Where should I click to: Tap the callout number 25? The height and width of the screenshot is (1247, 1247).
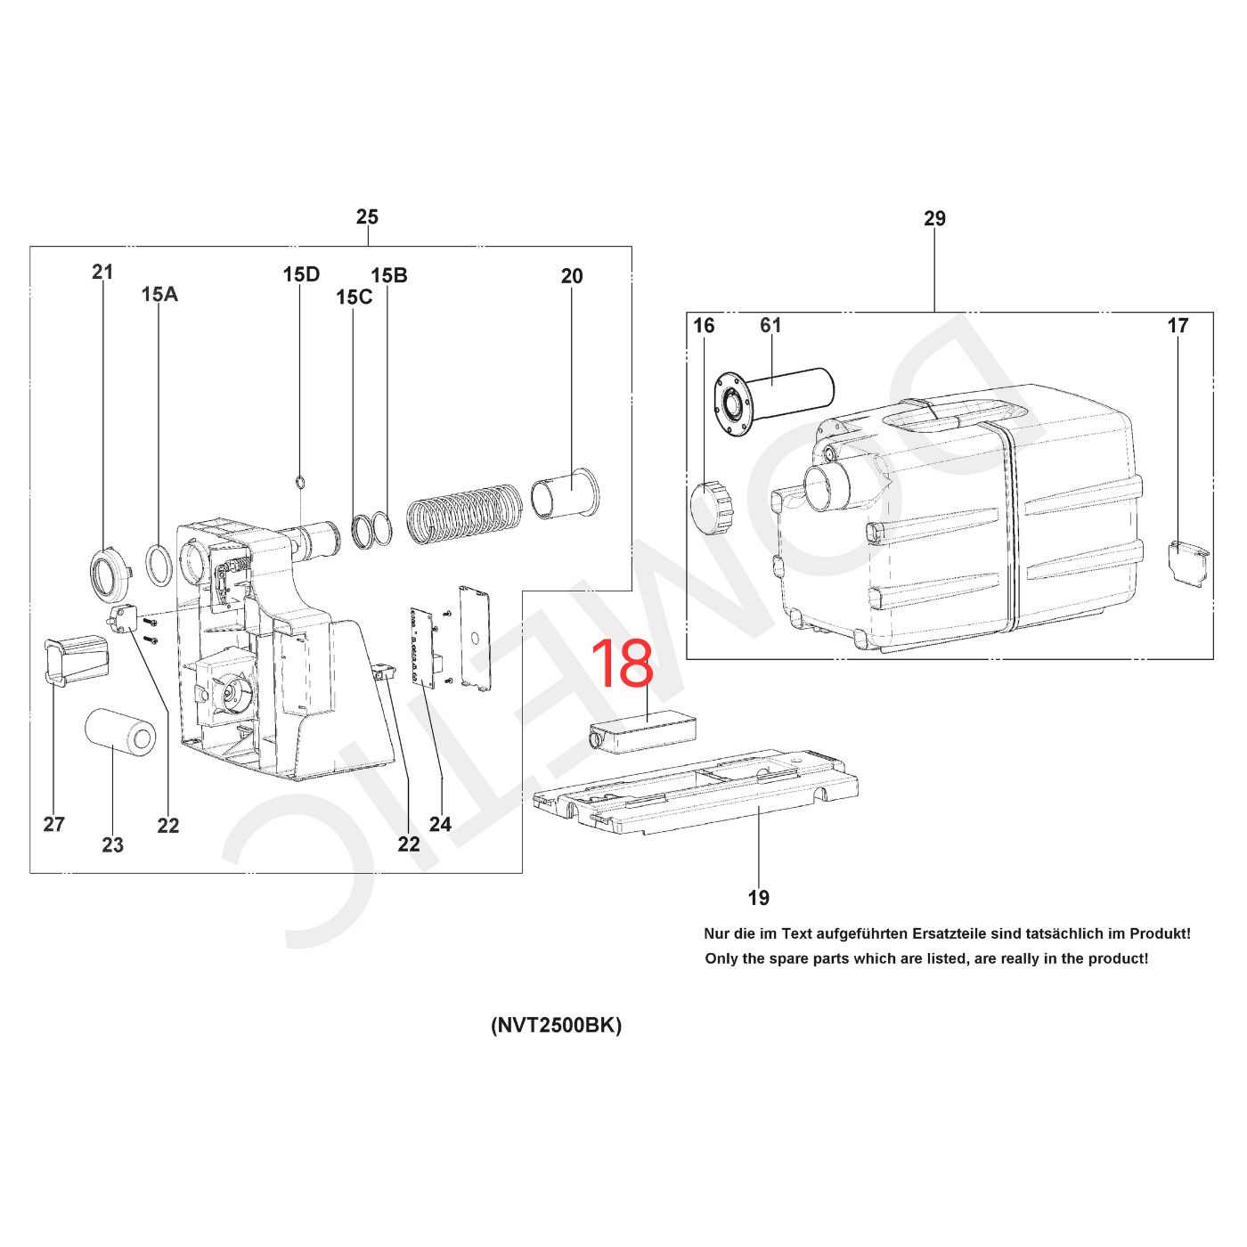[367, 216]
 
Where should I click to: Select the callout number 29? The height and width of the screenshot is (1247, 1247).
[934, 219]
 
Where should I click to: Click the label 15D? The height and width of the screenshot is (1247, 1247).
[302, 274]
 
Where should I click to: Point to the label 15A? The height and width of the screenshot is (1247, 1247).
[159, 295]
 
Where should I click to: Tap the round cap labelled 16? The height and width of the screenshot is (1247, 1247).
[712, 506]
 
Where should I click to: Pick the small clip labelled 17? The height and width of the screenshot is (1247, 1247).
[1188, 563]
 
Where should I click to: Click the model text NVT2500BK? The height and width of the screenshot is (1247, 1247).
[557, 1026]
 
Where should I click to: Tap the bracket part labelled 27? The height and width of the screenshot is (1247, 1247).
[75, 659]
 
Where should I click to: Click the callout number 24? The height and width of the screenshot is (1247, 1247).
[440, 824]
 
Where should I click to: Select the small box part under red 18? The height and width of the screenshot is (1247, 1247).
[640, 732]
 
